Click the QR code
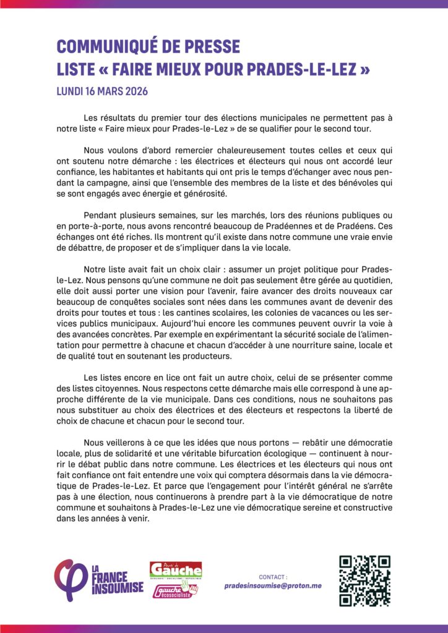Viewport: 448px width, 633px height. (x=365, y=580)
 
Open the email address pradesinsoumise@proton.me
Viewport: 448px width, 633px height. (x=273, y=585)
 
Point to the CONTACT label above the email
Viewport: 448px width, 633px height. (x=273, y=576)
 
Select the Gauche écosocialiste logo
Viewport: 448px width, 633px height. (x=175, y=590)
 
